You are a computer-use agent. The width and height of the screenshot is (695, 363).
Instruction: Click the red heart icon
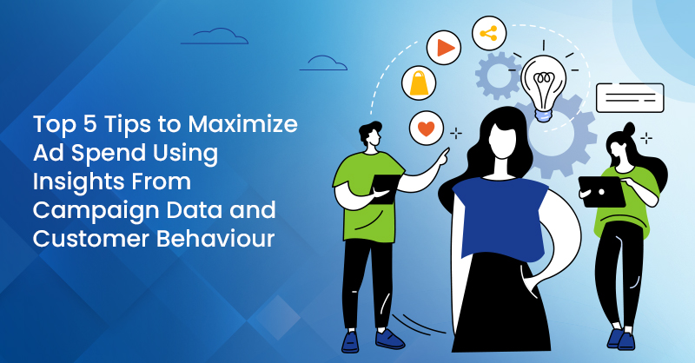[x=425, y=129]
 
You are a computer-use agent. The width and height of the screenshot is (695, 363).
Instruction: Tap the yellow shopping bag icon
[x=420, y=83]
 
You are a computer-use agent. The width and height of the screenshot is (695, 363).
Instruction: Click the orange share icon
[x=488, y=34]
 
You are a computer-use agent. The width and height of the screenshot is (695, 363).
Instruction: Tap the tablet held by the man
[x=387, y=185]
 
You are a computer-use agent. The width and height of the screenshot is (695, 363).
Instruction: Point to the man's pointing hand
[x=442, y=157]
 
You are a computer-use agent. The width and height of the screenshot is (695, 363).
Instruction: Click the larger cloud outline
[x=213, y=36]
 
